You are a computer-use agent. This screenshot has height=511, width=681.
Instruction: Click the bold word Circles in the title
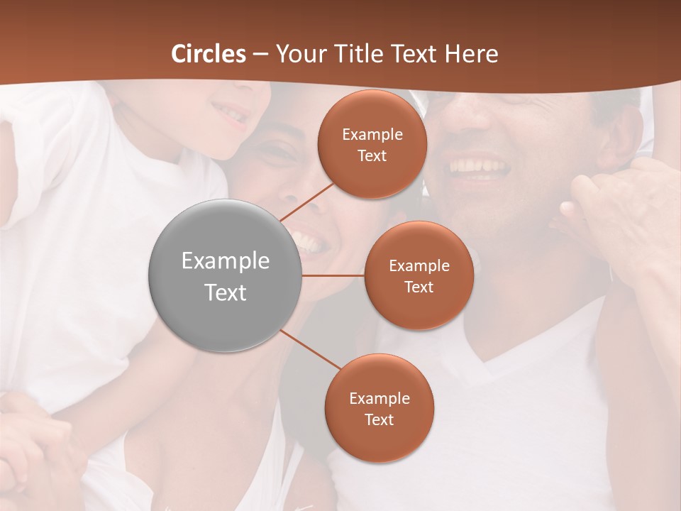[209, 54]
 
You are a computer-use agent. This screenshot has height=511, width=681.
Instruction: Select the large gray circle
[225, 276]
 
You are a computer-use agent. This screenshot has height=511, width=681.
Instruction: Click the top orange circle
[372, 144]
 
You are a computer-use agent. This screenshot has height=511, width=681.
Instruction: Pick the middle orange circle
[419, 275]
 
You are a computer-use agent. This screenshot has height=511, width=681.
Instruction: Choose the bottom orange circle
[379, 408]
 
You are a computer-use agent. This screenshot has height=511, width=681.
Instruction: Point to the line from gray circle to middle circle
[333, 275]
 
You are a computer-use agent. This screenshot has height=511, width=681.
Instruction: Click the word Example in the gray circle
[226, 261]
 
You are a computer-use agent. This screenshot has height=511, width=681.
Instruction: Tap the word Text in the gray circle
[226, 292]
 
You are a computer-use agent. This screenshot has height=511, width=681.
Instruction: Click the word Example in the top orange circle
[372, 135]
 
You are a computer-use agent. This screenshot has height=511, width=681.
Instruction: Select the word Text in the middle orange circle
[419, 287]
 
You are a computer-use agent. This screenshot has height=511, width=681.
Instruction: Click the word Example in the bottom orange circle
[380, 399]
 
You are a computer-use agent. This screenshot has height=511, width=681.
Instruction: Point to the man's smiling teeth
[480, 167]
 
